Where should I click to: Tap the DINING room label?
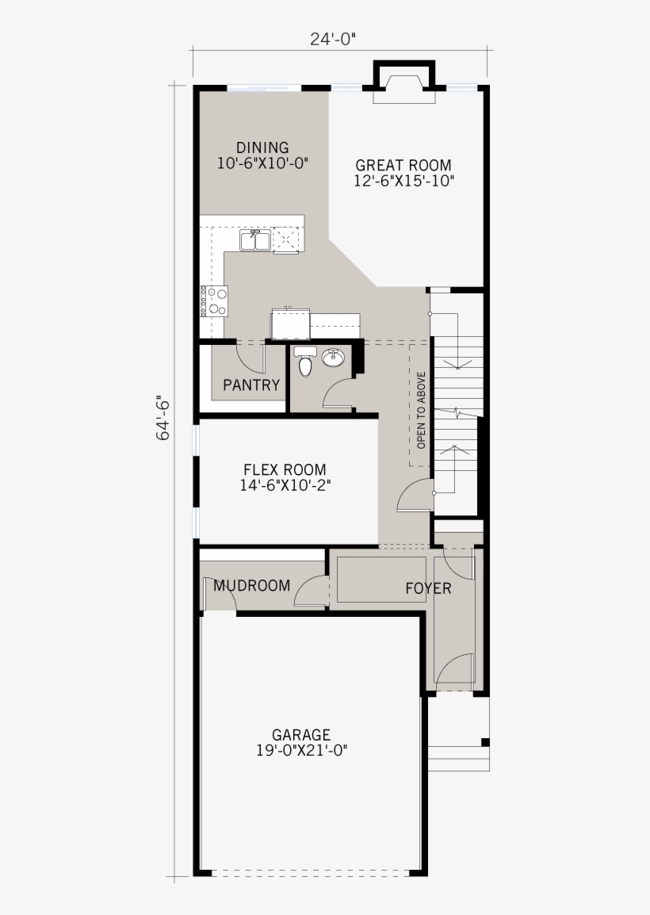point(262,147)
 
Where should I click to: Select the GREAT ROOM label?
point(403,165)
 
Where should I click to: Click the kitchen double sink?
point(254,239)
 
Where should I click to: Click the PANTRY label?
point(251,385)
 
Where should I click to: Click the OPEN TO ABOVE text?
point(421,410)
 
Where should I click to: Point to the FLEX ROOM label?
point(285,470)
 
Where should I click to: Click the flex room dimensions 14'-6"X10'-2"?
point(285,485)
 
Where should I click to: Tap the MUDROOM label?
point(252,586)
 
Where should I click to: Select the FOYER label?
point(428,588)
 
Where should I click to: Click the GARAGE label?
point(301,735)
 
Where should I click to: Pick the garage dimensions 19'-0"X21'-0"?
point(301,750)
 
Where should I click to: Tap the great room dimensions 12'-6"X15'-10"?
point(403,181)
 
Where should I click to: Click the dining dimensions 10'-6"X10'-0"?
point(262,163)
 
